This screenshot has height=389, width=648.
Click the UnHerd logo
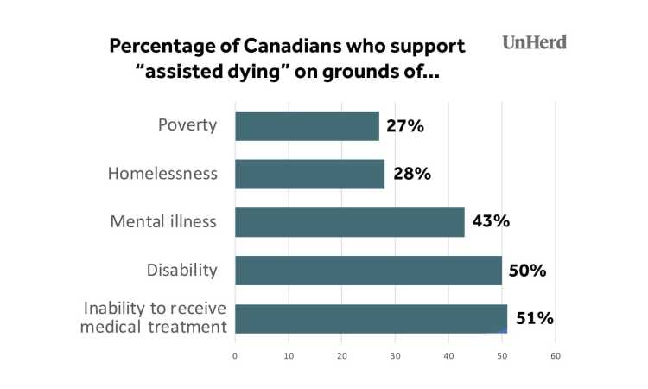(x=535, y=41)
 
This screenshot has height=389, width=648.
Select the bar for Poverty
(x=307, y=126)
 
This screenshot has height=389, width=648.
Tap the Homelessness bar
(x=309, y=174)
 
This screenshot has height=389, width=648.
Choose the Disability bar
(x=368, y=271)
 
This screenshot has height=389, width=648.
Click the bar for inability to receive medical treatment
(x=371, y=318)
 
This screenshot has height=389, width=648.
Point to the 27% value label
(x=405, y=126)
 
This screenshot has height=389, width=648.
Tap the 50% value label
(x=527, y=271)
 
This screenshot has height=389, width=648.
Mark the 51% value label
(x=534, y=318)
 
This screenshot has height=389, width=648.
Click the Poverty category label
(x=186, y=126)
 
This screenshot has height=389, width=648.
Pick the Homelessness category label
(x=162, y=174)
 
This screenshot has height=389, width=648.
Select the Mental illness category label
(x=164, y=222)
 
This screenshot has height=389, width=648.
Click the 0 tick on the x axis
(x=235, y=354)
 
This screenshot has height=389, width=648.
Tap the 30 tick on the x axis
(x=395, y=354)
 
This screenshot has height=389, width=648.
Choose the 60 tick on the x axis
(x=556, y=354)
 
